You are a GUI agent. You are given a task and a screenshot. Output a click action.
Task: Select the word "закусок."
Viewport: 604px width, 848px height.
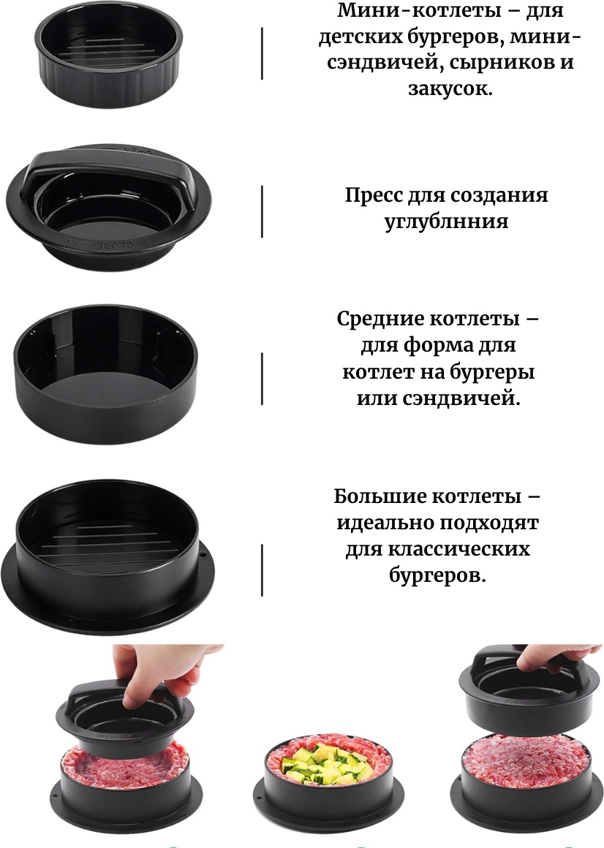[450, 88]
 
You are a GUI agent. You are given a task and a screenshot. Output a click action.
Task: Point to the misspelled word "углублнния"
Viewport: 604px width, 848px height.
[447, 222]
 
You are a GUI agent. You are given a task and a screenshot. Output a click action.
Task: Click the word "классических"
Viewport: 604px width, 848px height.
[459, 550]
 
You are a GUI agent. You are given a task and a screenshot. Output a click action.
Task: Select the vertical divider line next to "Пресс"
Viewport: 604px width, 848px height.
[263, 211]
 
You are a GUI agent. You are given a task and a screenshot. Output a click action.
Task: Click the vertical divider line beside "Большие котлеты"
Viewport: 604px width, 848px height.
[263, 570]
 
